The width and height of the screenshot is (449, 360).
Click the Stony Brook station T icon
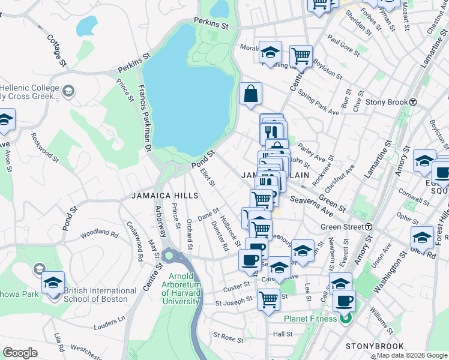pyautogui.click(x=413, y=102)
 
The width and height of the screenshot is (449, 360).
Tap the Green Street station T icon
pyautogui.click(x=369, y=227)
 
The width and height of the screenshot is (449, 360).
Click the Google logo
pyautogui.click(x=20, y=353)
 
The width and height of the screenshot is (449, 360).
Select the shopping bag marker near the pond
pyautogui.click(x=250, y=94)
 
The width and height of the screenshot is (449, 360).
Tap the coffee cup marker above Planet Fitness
pyautogui.click(x=343, y=300)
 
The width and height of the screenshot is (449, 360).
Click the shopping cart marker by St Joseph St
pyautogui.click(x=268, y=298)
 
